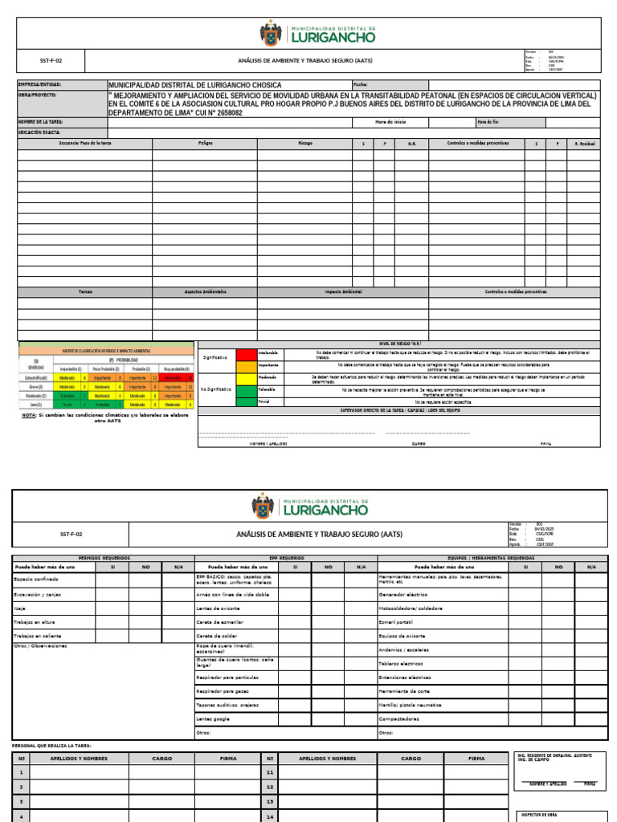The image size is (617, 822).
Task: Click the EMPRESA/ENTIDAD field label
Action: pyautogui.click(x=39, y=84)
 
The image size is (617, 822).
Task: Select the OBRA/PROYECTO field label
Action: pyautogui.click(x=37, y=94)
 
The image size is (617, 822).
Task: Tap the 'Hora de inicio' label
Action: pyautogui.click(x=390, y=122)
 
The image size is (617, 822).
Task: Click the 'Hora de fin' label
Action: pyautogui.click(x=488, y=122)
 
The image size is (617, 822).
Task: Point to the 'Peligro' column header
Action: pyautogui.click(x=205, y=143)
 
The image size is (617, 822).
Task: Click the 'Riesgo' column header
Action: pyautogui.click(x=304, y=143)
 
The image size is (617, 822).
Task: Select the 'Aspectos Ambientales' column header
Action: pyautogui.click(x=205, y=291)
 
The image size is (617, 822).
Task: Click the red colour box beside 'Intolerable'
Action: pyautogui.click(x=245, y=352)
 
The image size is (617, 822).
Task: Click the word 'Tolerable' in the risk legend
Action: pyautogui.click(x=268, y=389)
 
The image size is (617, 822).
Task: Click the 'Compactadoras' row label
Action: pyautogui.click(x=399, y=718)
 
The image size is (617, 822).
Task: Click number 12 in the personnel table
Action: pyautogui.click(x=270, y=787)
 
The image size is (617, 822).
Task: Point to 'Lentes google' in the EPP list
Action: pyautogui.click(x=213, y=718)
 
